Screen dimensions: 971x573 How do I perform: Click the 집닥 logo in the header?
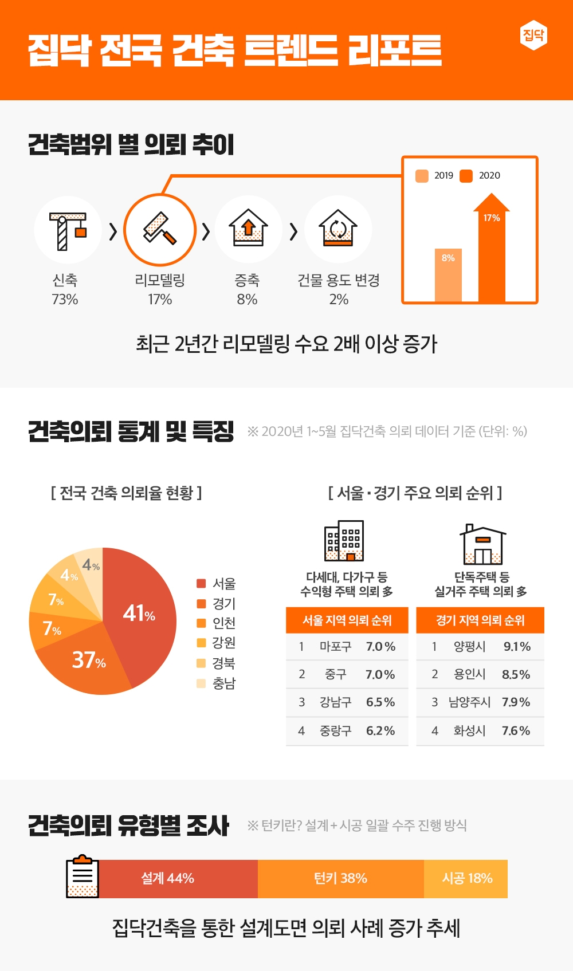point(533,36)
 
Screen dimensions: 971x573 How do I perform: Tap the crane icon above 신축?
point(68,230)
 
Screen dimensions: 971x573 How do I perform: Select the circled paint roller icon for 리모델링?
point(160,230)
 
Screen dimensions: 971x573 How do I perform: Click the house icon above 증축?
point(248,229)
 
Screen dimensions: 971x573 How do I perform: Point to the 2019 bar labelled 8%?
point(448,275)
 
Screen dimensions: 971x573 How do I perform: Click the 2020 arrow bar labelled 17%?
point(491,252)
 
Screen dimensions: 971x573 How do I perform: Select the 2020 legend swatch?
point(466,175)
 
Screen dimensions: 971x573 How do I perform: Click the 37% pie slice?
point(86,662)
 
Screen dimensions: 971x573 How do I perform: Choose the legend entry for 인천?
point(216,623)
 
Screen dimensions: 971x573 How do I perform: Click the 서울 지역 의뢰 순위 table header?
point(347,620)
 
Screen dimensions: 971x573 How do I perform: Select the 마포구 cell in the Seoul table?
point(335,647)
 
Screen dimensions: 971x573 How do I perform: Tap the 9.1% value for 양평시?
point(517,647)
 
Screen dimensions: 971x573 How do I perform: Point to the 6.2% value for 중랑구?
point(380,731)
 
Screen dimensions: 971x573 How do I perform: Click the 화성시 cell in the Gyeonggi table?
point(469,731)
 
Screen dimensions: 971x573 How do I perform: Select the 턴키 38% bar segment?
point(340,878)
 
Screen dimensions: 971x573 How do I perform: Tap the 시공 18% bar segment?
point(466,878)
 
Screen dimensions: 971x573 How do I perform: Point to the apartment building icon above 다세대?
point(344,541)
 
